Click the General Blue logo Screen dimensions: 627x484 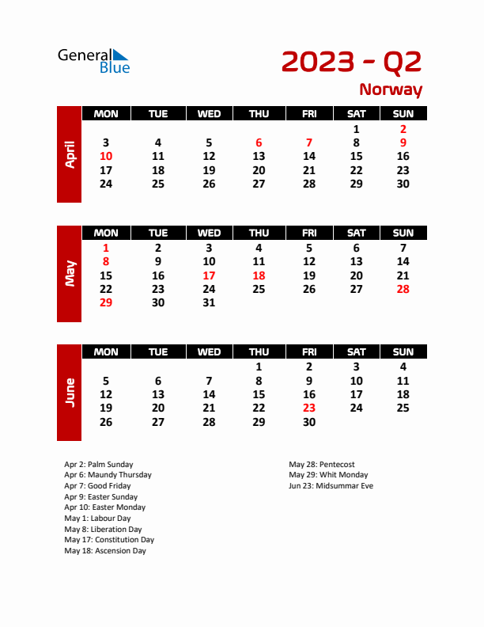coord(93,61)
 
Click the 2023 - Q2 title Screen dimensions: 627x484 coord(351,61)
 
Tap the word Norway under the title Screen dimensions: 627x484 coord(391,89)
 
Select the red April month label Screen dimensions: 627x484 coord(70,154)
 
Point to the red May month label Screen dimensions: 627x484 coord(70,274)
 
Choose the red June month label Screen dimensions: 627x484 coord(70,393)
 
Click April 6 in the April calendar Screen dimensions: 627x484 coord(259,142)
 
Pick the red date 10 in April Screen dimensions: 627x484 coord(106,156)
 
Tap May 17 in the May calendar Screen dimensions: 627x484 coord(209,275)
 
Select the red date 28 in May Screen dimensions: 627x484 coord(403,289)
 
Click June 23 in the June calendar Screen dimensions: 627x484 coord(309,408)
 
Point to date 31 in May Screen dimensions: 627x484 coord(209,302)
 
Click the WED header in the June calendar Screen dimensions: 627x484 coord(209,351)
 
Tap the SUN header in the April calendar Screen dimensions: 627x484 coord(403,114)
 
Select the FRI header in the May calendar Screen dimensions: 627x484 coord(309,233)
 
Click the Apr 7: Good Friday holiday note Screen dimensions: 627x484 coord(97,486)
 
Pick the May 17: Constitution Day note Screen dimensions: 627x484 coord(109,540)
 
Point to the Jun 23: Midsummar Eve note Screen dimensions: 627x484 coord(331,486)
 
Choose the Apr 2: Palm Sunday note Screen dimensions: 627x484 coord(99,465)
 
